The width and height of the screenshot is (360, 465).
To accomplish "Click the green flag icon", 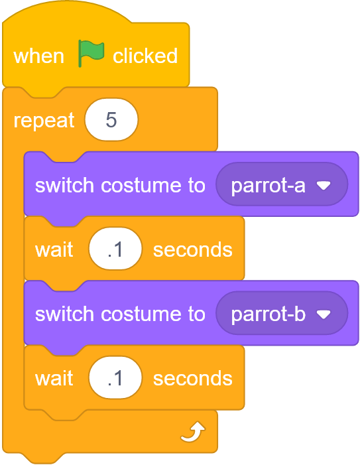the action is coord(91,53).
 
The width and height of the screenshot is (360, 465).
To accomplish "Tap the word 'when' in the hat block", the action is coord(39,56).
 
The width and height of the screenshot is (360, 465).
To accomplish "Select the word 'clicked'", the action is coord(145,56).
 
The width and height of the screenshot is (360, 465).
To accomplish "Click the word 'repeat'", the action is coord(44,121).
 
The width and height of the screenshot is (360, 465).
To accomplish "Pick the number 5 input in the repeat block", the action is coord(111,119).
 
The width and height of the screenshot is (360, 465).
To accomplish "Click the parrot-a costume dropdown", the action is coord(282,184).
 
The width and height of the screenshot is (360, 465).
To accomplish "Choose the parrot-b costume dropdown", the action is coord(282,313).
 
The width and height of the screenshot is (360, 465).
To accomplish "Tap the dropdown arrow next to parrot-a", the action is coord(324,186).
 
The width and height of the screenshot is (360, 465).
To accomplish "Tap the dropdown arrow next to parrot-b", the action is coord(324,314).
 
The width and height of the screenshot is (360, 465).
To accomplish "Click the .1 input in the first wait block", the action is coord(115,249).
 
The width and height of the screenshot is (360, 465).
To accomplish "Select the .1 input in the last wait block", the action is coord(115,377).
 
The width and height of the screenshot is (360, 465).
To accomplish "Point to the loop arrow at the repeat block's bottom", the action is coord(193,431).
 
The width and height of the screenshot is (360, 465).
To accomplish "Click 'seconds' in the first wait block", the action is coord(192,249).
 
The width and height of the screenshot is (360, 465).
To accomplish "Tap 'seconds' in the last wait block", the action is coord(192,378).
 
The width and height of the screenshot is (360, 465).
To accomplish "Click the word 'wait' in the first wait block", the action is coord(54,249).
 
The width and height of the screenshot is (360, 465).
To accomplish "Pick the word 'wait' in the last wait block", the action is coord(54,378).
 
